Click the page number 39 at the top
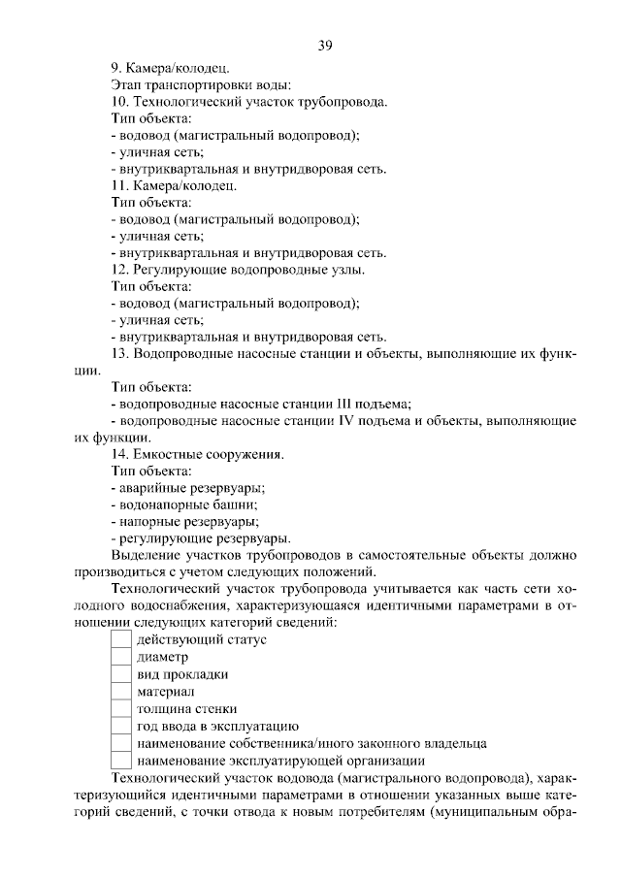pos(325,44)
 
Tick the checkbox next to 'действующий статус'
pos(121,640)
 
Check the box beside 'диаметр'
pos(121,658)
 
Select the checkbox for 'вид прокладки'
pos(121,675)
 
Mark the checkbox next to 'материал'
pos(121,692)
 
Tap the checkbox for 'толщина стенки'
pos(121,709)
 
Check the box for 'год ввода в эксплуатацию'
pos(121,727)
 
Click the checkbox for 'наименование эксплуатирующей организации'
pos(121,761)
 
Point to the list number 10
pos(119,102)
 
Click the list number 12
pos(119,270)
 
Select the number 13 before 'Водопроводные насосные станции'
pos(119,354)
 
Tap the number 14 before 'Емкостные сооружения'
pos(119,454)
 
